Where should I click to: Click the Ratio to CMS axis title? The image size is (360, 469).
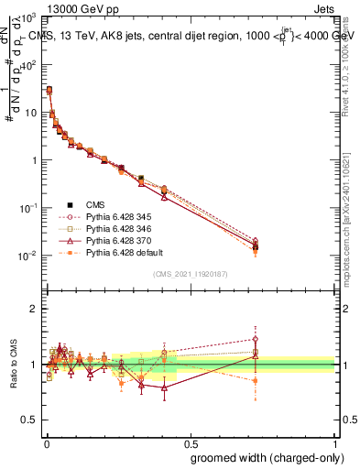click(x=16, y=365)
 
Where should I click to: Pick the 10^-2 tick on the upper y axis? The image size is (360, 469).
click(x=27, y=256)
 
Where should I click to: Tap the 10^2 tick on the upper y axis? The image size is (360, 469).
click(x=27, y=65)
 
